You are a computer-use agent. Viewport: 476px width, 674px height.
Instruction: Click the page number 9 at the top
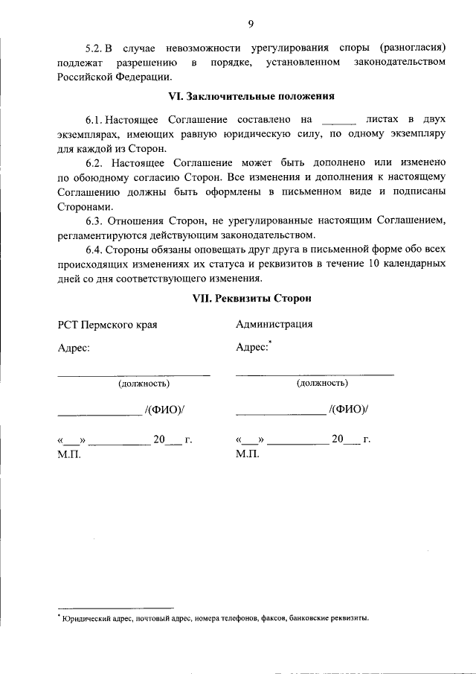coord(251,24)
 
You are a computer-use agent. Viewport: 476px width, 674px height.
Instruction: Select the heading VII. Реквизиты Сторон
coord(249,298)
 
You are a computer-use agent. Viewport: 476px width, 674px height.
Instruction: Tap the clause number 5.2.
coord(97,46)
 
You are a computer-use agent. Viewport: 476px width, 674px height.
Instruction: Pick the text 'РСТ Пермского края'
coord(108,325)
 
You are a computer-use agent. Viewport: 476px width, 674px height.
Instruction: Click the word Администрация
coord(274,324)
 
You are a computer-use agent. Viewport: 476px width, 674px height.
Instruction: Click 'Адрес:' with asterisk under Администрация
coord(252,347)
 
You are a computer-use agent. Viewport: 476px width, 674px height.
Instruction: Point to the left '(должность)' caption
coord(144,384)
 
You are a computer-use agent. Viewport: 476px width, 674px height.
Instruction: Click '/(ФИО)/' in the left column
coord(164,410)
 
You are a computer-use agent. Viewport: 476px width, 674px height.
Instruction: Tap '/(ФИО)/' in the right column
coord(348,410)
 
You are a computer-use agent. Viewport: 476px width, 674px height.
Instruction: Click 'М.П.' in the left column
coord(69,454)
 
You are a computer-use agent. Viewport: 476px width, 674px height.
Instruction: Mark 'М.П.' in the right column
coord(248,454)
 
